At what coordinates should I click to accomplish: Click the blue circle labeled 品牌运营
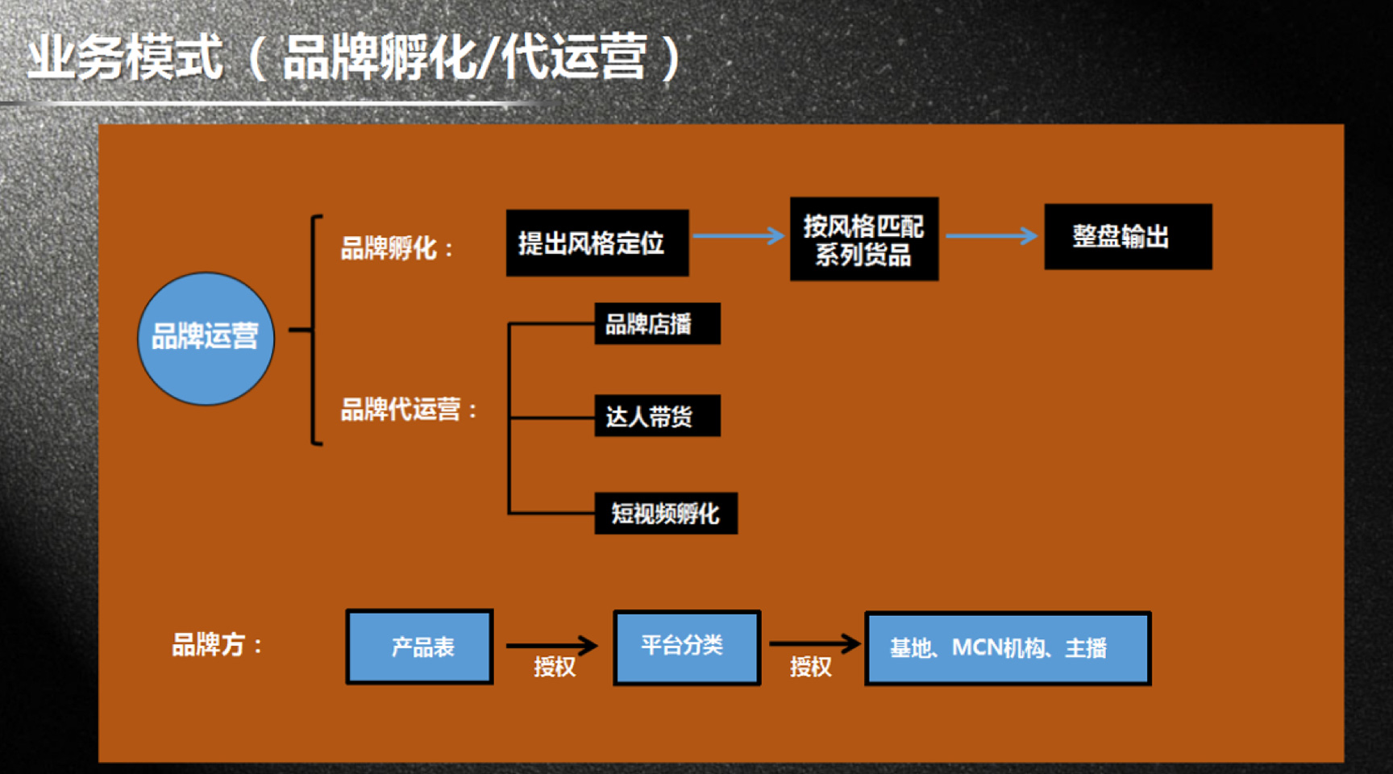(x=206, y=339)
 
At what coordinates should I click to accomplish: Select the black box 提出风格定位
(x=597, y=243)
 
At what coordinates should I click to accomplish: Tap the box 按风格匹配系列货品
(x=864, y=239)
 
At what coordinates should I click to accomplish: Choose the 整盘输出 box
(x=1128, y=236)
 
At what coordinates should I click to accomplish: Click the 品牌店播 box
(x=657, y=323)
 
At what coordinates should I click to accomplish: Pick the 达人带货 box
(x=657, y=415)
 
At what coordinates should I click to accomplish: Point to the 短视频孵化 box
(x=666, y=513)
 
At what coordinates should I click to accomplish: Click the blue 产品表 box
(x=419, y=647)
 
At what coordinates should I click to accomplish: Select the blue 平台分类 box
(x=687, y=647)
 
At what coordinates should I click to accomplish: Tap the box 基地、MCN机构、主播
(x=1008, y=648)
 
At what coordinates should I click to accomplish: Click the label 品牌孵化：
(x=397, y=248)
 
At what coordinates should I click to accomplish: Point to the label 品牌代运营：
(x=409, y=410)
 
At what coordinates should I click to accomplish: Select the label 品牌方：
(x=217, y=645)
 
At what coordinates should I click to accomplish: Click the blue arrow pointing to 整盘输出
(x=992, y=236)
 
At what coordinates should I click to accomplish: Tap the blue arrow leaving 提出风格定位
(x=739, y=235)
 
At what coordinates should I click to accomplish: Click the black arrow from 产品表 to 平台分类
(x=552, y=645)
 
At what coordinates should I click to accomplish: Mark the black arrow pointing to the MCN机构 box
(x=816, y=643)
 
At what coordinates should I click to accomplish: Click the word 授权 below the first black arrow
(x=555, y=667)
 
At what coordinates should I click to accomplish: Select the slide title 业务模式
(x=125, y=57)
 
